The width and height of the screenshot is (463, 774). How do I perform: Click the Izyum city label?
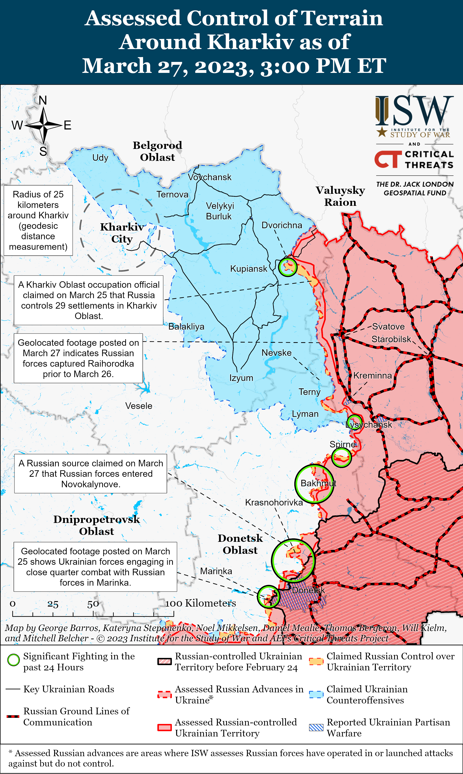click(241, 378)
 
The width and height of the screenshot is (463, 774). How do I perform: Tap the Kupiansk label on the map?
click(249, 269)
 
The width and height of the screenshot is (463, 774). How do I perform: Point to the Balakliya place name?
click(186, 327)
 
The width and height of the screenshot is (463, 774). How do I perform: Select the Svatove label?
click(388, 327)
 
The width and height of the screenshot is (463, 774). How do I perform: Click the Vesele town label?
click(139, 406)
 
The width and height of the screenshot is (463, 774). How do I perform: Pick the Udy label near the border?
click(100, 158)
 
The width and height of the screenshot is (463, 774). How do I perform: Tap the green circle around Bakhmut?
click(314, 483)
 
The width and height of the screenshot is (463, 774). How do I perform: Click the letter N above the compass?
click(43, 101)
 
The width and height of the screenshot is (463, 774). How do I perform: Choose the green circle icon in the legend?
click(13, 660)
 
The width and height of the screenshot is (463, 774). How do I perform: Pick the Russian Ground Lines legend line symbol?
click(13, 716)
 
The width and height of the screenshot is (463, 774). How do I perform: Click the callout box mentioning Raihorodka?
click(78, 358)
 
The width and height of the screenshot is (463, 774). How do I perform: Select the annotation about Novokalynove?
click(90, 473)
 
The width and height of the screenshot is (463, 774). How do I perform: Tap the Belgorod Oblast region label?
click(158, 151)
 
